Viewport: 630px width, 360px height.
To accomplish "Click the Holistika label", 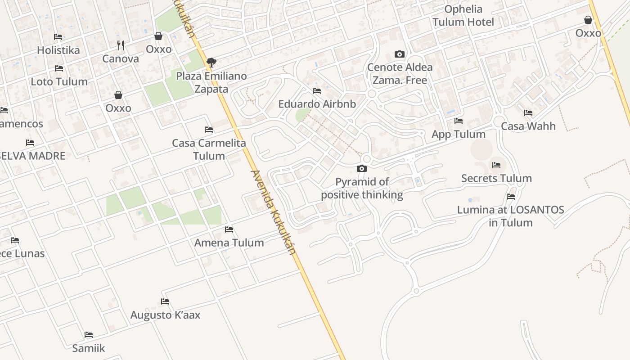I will tap(58, 50).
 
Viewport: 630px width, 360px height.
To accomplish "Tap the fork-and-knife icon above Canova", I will tap(120, 45).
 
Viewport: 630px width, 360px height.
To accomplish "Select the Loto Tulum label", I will tap(59, 81).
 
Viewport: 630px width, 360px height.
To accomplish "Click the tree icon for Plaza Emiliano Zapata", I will tap(211, 62).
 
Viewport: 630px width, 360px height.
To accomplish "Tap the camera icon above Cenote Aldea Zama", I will tap(399, 54).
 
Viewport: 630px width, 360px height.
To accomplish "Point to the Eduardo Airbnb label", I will tap(317, 104).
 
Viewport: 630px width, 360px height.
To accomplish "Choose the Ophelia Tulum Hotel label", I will tap(463, 15).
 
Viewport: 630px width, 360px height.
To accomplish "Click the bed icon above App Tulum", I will tap(459, 121).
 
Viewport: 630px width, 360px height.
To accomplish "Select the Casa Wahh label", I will tap(528, 126).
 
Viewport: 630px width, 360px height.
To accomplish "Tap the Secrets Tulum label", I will tap(496, 178).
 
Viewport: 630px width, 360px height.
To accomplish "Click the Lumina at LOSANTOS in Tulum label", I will tap(510, 216).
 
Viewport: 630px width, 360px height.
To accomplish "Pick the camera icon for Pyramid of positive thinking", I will tap(361, 168).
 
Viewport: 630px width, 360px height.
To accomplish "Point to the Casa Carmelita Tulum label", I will tap(209, 149).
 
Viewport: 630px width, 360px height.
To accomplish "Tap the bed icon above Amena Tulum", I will tap(229, 229).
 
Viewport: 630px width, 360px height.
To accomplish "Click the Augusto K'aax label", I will tap(165, 315).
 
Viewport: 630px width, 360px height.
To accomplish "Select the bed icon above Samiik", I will tap(89, 334).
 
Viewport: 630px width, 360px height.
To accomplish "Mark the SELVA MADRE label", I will tap(31, 156).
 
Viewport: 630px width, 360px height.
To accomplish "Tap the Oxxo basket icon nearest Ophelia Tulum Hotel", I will tap(588, 20).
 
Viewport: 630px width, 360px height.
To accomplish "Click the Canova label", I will tap(121, 58).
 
